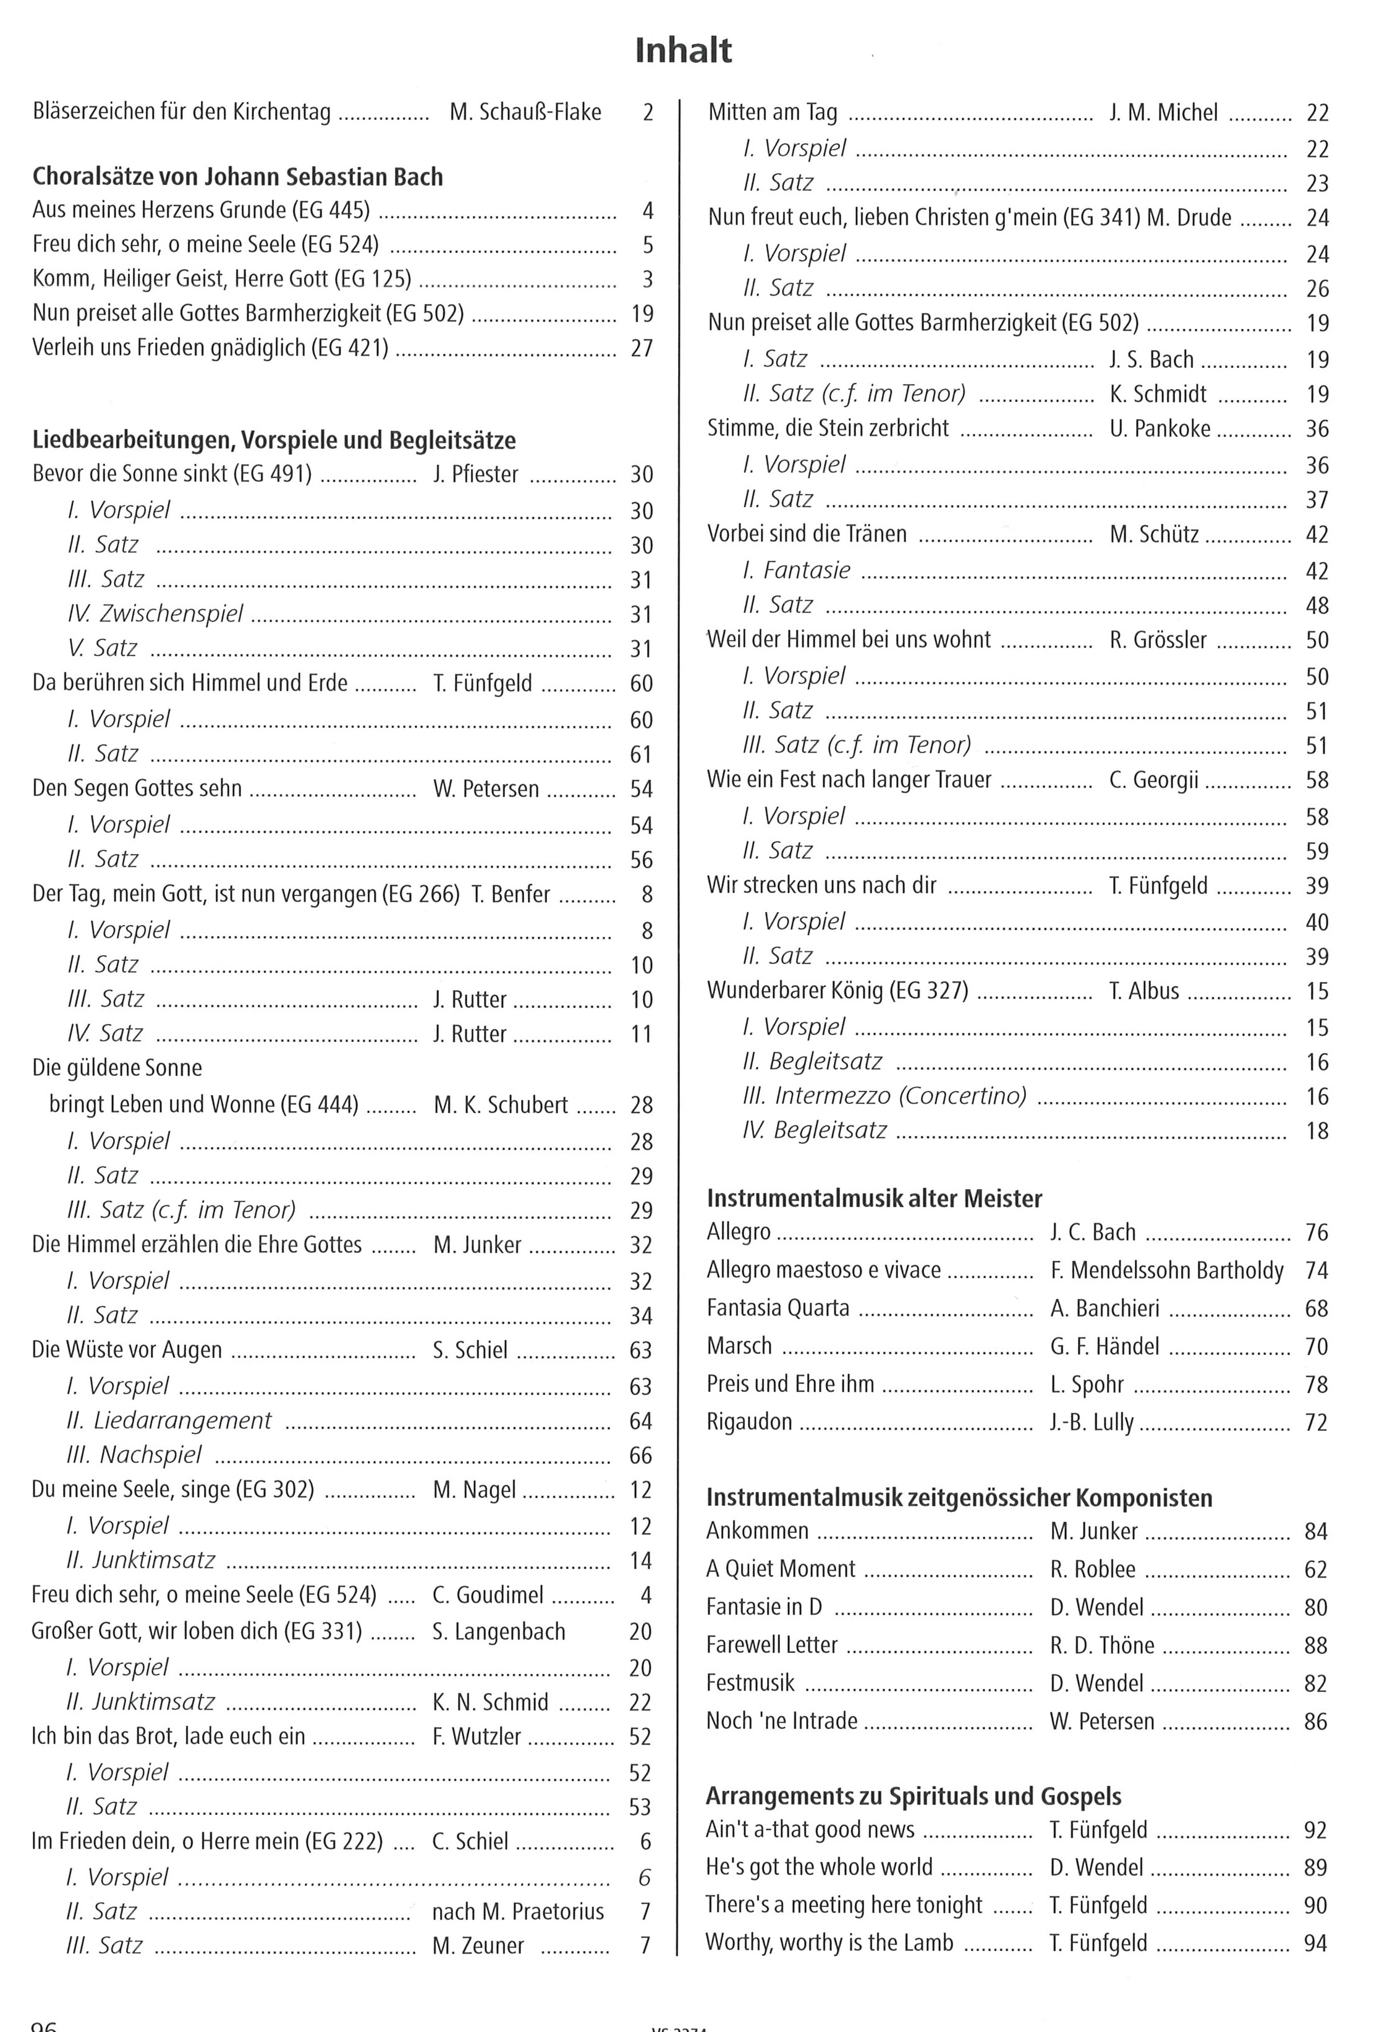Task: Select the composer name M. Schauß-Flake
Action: point(525,112)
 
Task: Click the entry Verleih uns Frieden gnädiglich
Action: point(210,348)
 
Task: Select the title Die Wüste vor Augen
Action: point(127,1350)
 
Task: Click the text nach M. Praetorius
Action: point(517,1911)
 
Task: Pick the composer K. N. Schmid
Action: point(490,1702)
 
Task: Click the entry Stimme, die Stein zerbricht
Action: point(827,429)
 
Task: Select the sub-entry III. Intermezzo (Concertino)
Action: point(884,1096)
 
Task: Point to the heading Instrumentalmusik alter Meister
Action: point(874,1198)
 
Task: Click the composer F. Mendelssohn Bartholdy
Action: point(1167,1270)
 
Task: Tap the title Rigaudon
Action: point(749,1422)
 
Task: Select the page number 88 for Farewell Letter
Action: point(1315,1646)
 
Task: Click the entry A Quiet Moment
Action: point(781,1569)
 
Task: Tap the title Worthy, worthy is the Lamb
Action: point(829,1943)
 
